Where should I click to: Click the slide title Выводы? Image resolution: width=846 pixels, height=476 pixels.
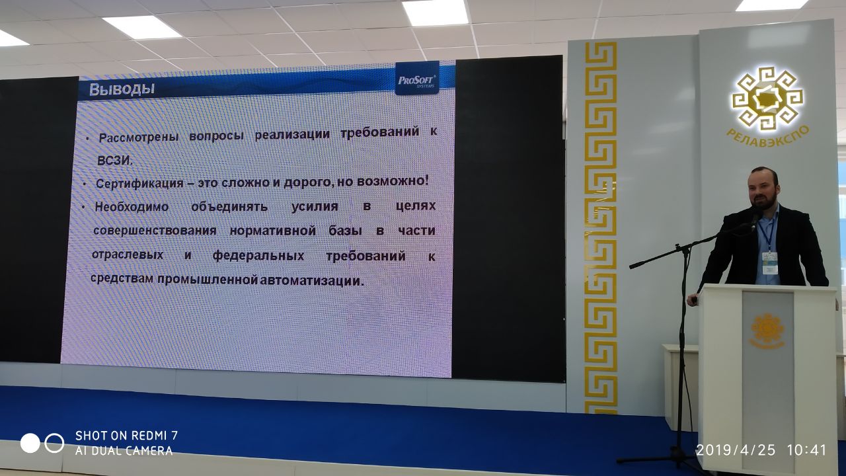coord(122,89)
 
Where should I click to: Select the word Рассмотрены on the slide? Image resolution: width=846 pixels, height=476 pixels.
coord(139,138)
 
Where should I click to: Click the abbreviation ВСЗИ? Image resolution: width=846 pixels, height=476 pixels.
coord(115,161)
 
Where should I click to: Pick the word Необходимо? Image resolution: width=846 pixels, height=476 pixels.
coord(132,207)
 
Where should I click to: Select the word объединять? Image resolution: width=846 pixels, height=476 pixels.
coord(229,207)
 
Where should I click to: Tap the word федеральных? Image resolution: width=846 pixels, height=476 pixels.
coord(258,256)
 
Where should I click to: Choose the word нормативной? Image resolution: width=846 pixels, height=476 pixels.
coord(273,231)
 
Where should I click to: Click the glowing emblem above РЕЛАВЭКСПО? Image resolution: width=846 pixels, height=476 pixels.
coord(768,99)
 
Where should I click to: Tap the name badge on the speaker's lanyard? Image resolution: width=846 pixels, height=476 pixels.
coord(770,263)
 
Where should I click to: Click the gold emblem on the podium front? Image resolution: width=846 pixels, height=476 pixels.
coord(767,331)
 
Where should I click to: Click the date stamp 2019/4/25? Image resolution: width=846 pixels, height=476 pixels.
coord(736,450)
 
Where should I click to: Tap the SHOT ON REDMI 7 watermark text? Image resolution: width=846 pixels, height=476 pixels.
coord(126,436)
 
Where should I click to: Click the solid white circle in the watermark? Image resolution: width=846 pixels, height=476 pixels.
coord(30,443)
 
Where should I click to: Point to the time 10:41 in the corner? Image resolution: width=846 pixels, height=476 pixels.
coord(807,450)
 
